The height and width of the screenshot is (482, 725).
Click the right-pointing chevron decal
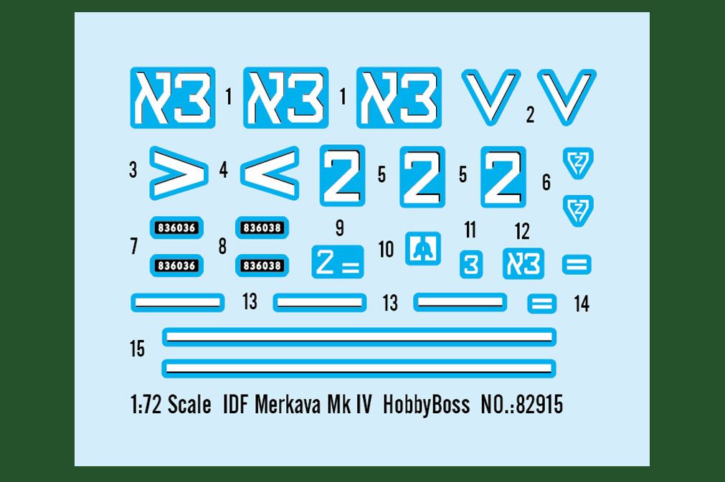tap(178, 174)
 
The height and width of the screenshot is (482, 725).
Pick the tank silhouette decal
tap(423, 248)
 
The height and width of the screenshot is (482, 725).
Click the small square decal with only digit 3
tap(470, 264)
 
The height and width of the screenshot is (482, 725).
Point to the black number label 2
tap(530, 115)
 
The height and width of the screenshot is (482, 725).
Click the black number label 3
tap(133, 171)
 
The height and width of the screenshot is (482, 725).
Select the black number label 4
tap(224, 171)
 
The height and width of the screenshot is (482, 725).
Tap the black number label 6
tap(546, 182)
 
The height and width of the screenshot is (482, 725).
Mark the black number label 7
tap(133, 247)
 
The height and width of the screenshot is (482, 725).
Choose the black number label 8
tap(222, 247)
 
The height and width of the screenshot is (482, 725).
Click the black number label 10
tap(386, 250)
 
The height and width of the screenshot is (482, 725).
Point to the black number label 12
tap(522, 231)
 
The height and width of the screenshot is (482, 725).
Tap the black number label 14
tap(582, 304)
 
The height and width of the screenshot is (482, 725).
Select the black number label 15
tap(137, 349)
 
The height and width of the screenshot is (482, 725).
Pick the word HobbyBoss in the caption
tap(426, 405)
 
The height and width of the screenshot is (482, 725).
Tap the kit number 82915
tap(539, 405)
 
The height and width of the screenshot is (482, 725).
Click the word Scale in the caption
tap(189, 405)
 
